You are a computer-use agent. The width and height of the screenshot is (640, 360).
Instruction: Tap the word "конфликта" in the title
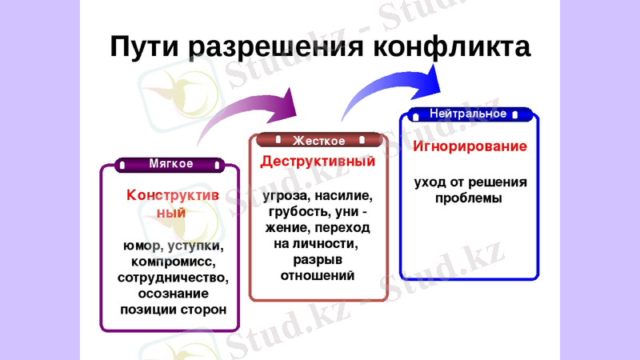[x=454, y=48]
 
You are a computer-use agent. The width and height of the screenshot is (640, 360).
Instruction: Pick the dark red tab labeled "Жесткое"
[x=318, y=141]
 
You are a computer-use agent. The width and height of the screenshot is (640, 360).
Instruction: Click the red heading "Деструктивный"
[x=318, y=161]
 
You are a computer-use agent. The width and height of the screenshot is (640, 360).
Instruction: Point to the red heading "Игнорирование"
[x=470, y=146]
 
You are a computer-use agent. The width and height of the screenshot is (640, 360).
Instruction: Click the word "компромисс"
[x=172, y=262]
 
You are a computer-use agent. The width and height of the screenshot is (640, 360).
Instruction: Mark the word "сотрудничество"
[x=172, y=278]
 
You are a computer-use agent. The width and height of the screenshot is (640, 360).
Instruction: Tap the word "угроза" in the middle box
[x=283, y=195]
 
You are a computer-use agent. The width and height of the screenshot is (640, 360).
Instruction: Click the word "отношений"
[x=318, y=275]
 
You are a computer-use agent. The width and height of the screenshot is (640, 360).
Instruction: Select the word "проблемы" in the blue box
[x=469, y=198]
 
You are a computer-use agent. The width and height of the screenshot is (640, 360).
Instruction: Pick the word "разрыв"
[x=318, y=259]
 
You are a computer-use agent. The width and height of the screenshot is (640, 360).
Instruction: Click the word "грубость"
[x=291, y=211]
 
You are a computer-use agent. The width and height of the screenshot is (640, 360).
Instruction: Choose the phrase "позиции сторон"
[x=172, y=309]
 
